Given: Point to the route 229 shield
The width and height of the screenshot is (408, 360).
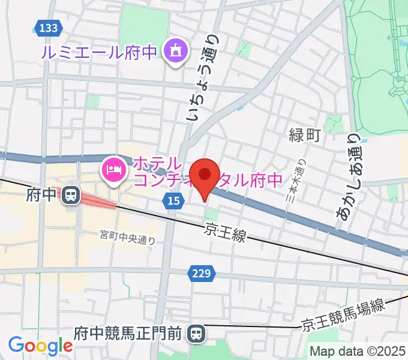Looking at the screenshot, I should tap(202, 274).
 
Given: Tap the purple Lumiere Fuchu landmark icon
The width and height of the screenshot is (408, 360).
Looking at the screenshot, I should tap(175, 52).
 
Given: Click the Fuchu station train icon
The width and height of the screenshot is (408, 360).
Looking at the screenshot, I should tap(71, 194).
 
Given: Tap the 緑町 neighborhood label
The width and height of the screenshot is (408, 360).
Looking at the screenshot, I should tap(305, 135).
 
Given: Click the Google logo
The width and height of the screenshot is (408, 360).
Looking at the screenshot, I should tap(40, 346).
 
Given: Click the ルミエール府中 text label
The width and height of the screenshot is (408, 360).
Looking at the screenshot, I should tap(100, 52).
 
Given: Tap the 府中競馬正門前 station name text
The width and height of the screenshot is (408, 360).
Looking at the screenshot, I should tap(127, 332).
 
